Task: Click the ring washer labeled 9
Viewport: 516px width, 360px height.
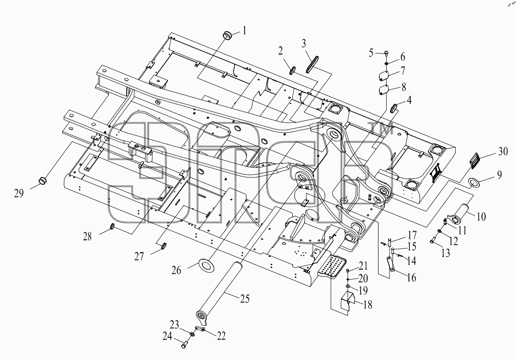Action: coord(474,182)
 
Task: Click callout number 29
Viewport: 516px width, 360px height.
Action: coord(19,193)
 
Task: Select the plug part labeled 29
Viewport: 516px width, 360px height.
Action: coord(43,180)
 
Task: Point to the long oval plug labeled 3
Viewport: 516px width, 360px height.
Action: coord(310,64)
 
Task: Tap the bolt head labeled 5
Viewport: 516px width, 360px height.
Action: coord(386,53)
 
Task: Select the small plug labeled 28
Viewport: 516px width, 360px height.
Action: coord(112,227)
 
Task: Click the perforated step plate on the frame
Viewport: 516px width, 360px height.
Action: coord(333,265)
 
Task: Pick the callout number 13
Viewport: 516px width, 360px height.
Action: coord(446,252)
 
